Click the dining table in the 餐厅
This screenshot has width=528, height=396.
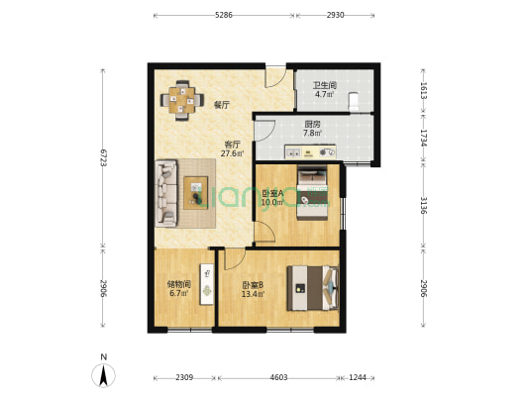click(x=182, y=100)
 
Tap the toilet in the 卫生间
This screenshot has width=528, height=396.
click(x=354, y=101)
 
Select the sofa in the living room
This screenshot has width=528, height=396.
click(x=166, y=193)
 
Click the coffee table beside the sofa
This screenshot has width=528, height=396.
click(x=195, y=193)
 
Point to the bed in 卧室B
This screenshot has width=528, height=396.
click(x=312, y=288)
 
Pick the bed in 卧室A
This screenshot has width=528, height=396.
click(x=312, y=193)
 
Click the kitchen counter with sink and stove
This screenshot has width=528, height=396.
click(x=310, y=151)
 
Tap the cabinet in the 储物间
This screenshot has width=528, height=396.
click(x=207, y=284)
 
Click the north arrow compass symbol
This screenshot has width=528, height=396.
click(x=104, y=374)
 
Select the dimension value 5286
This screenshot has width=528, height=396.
click(x=224, y=15)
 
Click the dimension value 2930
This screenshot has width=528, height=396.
click(x=335, y=15)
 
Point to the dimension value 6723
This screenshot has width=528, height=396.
click(x=103, y=157)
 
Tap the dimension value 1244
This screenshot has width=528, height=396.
click(x=358, y=377)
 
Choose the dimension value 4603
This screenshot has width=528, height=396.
click(x=278, y=377)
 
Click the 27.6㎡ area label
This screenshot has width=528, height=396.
click(x=233, y=153)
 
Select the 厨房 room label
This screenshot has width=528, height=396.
click(x=312, y=124)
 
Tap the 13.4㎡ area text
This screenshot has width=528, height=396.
click(x=253, y=294)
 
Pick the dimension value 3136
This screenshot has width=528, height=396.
click(x=424, y=205)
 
